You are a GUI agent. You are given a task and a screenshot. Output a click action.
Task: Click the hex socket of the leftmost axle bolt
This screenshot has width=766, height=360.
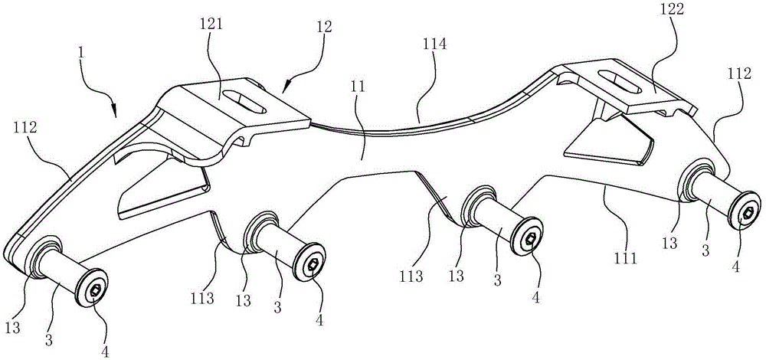(92, 290)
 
